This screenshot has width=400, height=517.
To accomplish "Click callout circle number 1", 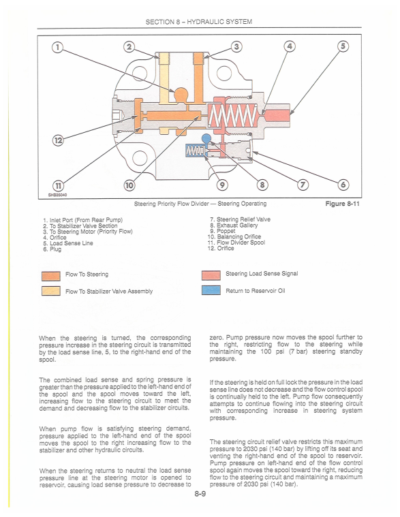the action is (57, 47).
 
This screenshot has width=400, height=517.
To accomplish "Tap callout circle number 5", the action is (343, 46).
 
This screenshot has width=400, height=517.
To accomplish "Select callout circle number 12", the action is (58, 140).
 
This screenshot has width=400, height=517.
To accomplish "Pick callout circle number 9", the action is (222, 185).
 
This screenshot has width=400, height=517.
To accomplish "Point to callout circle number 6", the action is (343, 185).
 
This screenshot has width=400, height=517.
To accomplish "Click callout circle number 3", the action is (236, 46).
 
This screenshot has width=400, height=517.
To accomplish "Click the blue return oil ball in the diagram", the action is (206, 138).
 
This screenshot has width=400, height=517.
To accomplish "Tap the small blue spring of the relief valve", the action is (194, 151).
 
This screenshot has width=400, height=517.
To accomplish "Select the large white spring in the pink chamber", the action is (233, 116).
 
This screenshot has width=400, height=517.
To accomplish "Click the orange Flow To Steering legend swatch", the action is (51, 276).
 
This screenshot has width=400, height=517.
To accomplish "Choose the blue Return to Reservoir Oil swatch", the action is (211, 290).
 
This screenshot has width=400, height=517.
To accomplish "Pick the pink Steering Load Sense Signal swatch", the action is (211, 275).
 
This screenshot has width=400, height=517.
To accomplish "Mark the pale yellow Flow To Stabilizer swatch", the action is (51, 291).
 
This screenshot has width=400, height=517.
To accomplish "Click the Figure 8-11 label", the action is (342, 204).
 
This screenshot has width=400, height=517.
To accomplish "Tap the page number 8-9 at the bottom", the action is (200, 494).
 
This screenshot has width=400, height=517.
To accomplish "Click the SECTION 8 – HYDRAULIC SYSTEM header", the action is (199, 22).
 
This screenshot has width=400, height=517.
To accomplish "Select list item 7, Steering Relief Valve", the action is (240, 219).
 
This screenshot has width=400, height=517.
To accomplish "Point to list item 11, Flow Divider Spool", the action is (236, 242).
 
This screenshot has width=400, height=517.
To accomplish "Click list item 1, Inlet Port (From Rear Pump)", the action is (83, 220).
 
